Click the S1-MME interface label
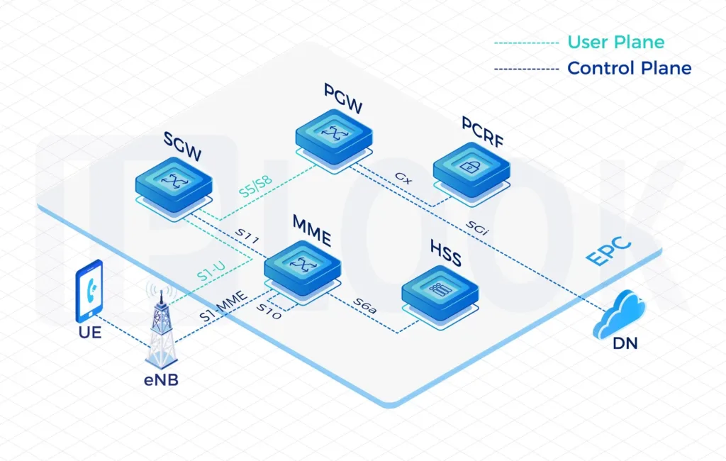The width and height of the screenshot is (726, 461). click(x=223, y=307)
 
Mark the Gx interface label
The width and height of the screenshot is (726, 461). click(x=402, y=176)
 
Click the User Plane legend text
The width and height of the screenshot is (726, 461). click(x=615, y=43)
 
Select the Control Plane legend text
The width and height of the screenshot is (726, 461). click(x=629, y=68)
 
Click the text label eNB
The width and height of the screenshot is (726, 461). click(x=159, y=381)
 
